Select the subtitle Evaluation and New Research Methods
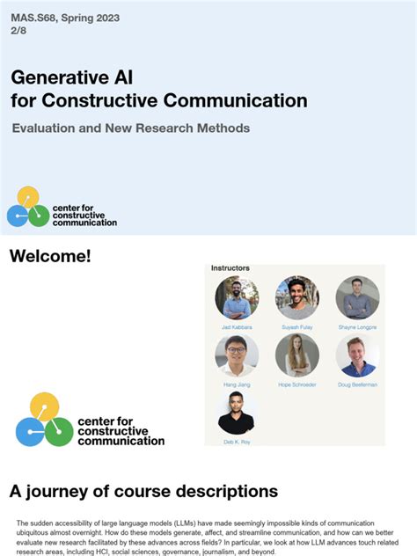click(131, 128)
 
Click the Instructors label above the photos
click(230, 267)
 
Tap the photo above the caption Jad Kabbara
click(237, 297)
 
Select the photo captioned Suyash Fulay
click(296, 297)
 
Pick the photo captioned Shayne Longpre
click(357, 297)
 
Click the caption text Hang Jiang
click(237, 384)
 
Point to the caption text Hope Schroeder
click(296, 384)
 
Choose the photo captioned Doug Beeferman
click(357, 355)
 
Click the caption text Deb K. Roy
click(237, 442)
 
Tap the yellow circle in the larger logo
click(44, 406)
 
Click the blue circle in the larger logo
click(30, 432)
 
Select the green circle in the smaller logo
click(38, 216)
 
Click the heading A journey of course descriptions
click(143, 491)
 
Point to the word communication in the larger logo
click(121, 441)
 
